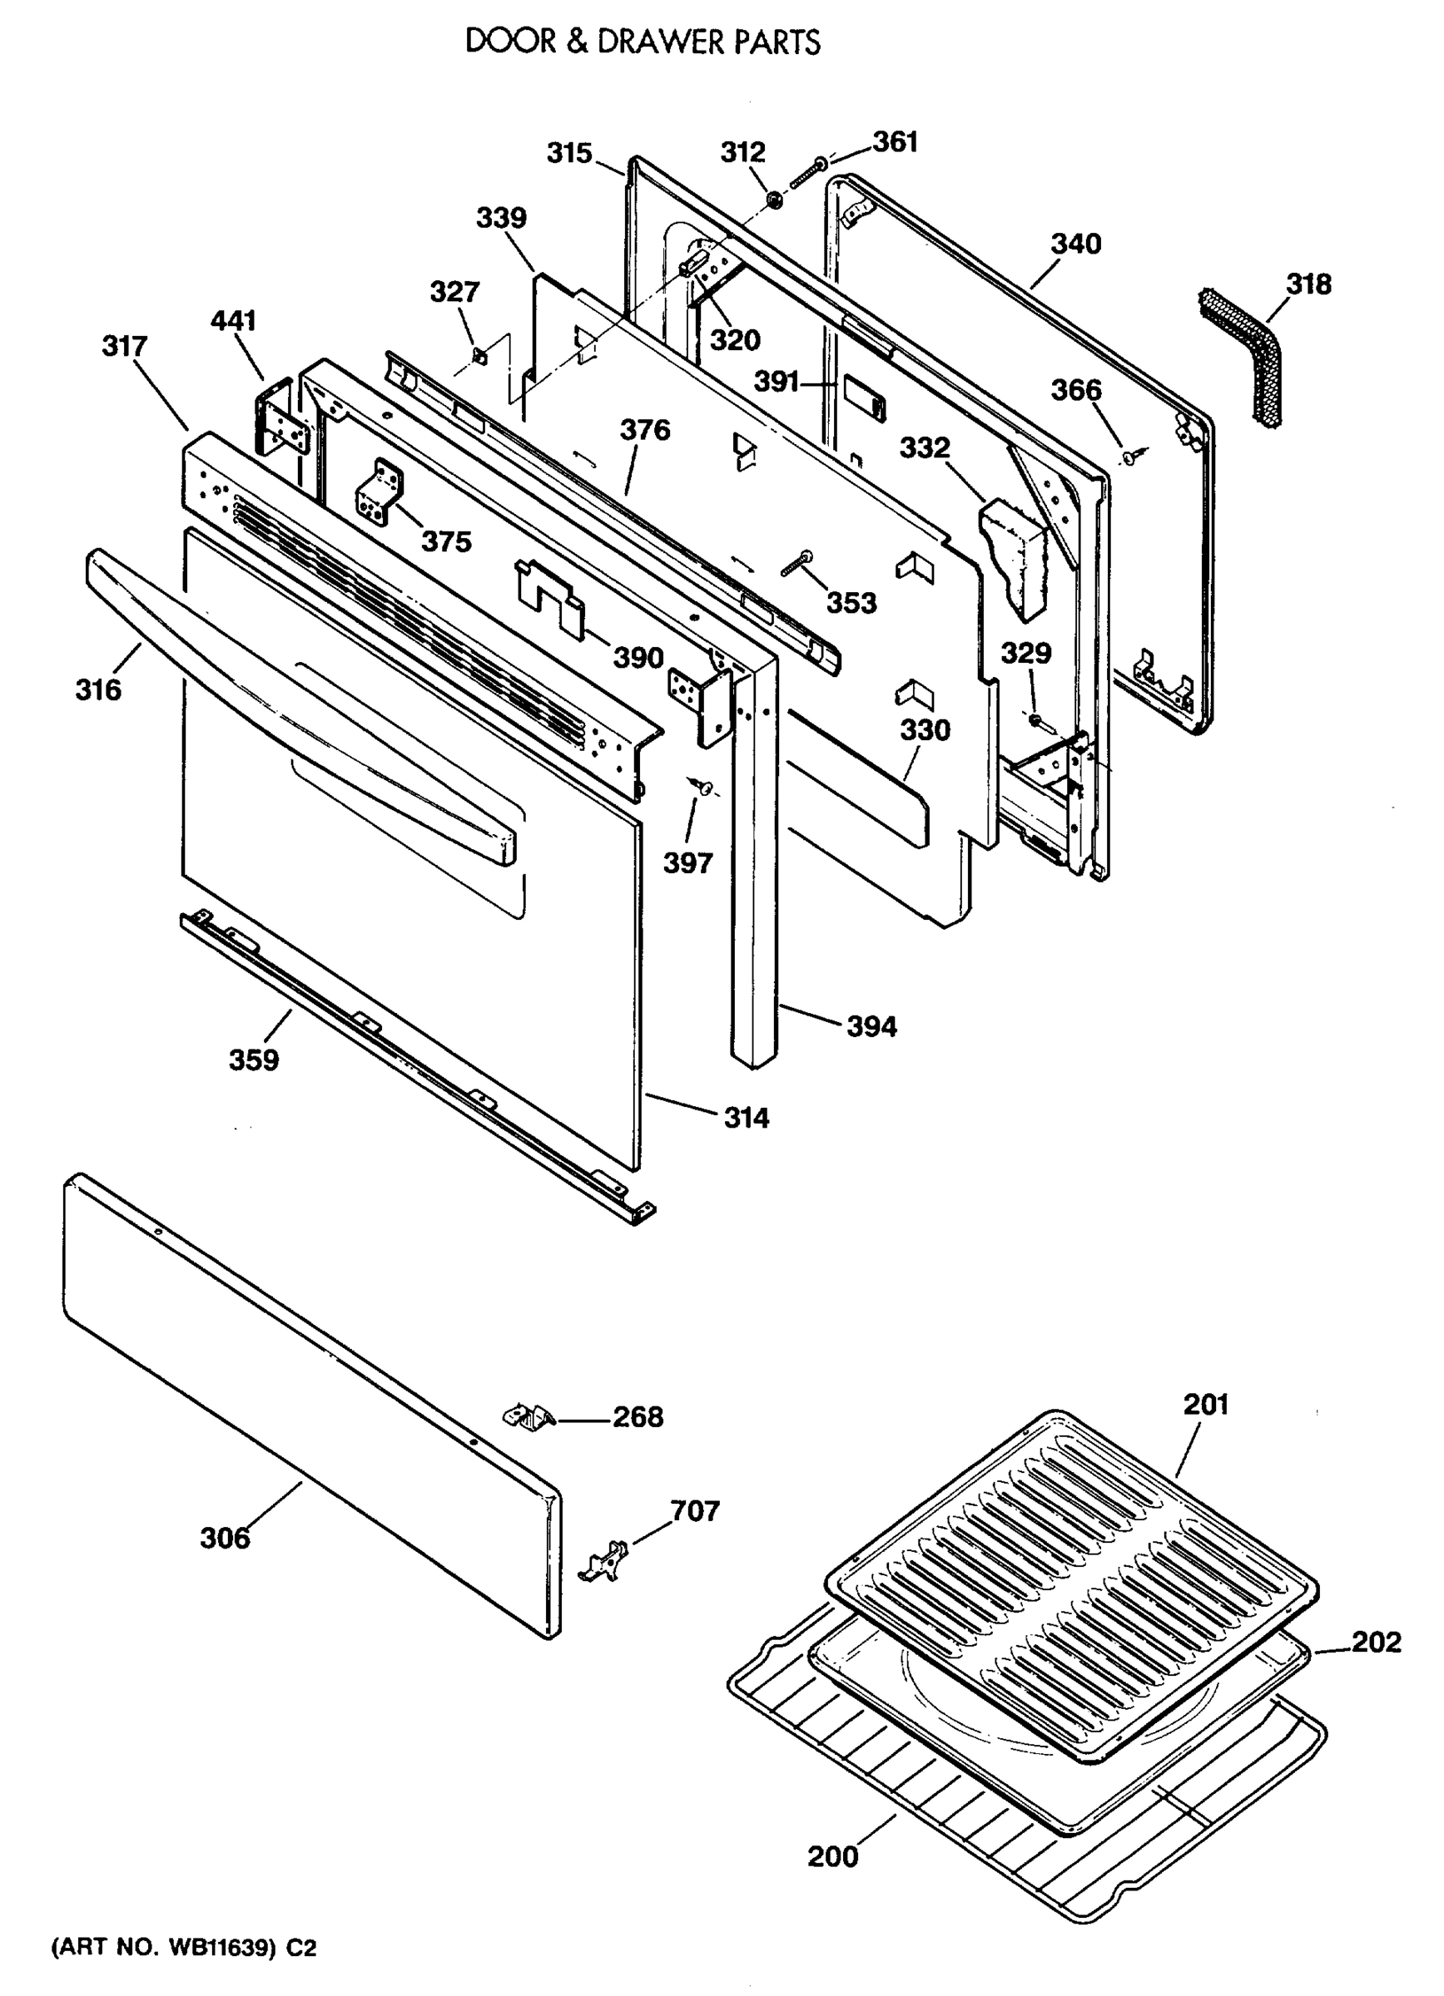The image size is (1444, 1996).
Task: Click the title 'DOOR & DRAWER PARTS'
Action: pyautogui.click(x=642, y=42)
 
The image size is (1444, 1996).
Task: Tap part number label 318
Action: pyautogui.click(x=1308, y=284)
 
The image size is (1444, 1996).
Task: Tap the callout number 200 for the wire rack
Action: pyautogui.click(x=832, y=1856)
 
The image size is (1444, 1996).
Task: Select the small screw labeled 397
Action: pyautogui.click(x=702, y=785)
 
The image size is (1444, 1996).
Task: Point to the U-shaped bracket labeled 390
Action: pyautogui.click(x=550, y=590)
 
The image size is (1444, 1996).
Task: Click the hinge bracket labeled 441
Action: pyautogui.click(x=280, y=418)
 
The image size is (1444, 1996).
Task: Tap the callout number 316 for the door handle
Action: pyautogui.click(x=97, y=690)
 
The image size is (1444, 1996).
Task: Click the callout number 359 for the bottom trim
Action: pyautogui.click(x=254, y=1060)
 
